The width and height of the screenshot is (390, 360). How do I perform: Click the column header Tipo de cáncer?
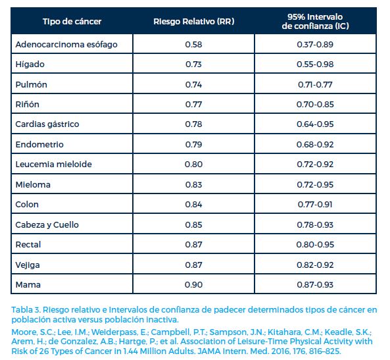72,22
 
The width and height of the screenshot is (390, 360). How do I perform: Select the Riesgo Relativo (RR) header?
194,22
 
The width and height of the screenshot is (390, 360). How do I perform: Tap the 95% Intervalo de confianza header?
315,22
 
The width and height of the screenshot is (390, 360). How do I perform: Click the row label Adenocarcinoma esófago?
66,45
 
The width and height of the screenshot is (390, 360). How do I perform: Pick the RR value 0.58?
193,45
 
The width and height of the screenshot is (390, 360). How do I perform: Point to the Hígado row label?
30,64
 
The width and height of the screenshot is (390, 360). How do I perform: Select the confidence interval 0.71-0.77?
315,85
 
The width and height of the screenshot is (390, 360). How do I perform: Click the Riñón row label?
28,105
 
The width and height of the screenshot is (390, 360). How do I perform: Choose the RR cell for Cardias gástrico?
193,124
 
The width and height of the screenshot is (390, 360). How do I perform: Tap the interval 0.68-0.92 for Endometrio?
315,144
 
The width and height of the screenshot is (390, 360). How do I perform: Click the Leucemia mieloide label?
53,165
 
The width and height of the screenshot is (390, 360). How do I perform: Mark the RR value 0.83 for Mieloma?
193,185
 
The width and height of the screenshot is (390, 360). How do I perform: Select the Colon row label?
27,205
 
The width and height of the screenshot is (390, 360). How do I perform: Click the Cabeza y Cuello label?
47,225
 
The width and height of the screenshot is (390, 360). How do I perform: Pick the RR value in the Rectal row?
193,244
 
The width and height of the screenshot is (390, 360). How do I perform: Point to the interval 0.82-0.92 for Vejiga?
315,265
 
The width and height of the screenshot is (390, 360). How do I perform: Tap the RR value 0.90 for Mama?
193,284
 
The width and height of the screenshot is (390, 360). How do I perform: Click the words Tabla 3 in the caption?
26,310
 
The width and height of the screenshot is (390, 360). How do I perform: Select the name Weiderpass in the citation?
114,332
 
